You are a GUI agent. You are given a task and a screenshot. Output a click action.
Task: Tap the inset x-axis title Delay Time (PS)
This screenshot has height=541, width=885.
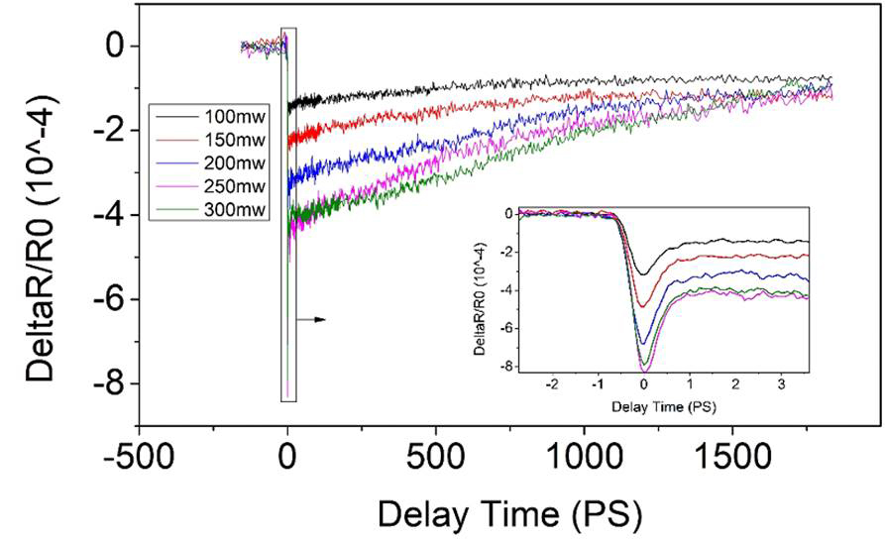(x=644, y=406)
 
